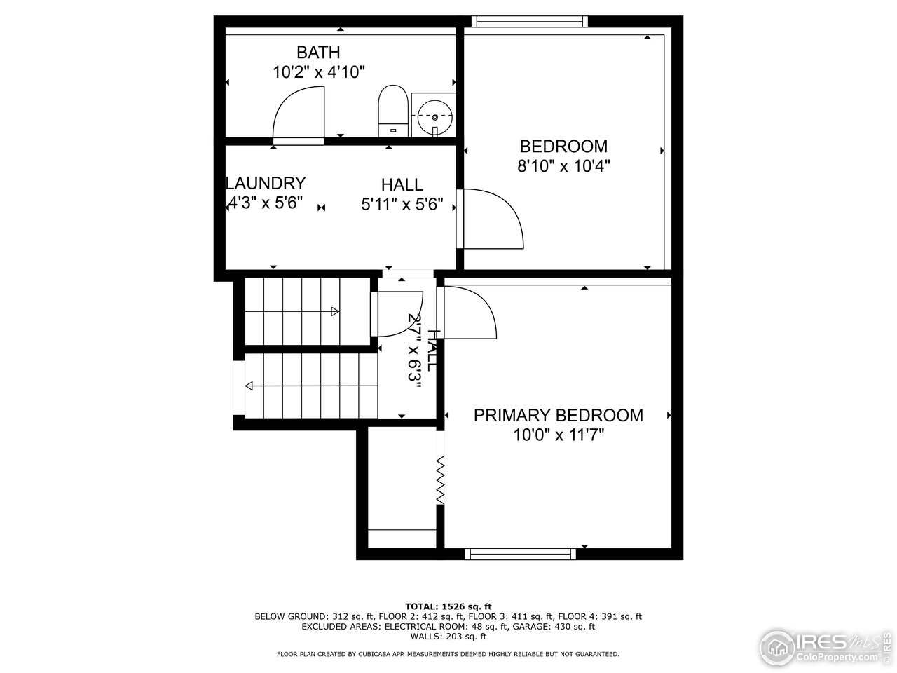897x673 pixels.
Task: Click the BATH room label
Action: click(318, 53)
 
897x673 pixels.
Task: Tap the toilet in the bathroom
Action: click(393, 111)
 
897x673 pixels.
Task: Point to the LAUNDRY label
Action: click(266, 184)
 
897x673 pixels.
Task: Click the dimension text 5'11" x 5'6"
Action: click(402, 205)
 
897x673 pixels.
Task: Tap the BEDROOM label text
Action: click(563, 147)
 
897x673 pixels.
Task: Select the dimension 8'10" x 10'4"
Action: click(563, 167)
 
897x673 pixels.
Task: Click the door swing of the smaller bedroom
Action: click(493, 218)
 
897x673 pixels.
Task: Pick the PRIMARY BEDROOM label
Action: click(558, 415)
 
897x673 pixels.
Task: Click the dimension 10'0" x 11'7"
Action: click(559, 435)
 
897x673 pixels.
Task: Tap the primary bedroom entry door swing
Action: click(470, 313)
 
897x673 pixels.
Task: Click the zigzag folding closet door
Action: click(441, 480)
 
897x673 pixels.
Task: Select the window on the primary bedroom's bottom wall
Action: click(521, 554)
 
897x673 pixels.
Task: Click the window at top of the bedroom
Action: click(529, 21)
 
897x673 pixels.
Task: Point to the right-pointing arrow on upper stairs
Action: click(335, 311)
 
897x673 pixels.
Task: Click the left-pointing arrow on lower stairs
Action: click(250, 385)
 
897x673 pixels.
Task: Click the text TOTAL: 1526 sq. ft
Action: click(448, 606)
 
